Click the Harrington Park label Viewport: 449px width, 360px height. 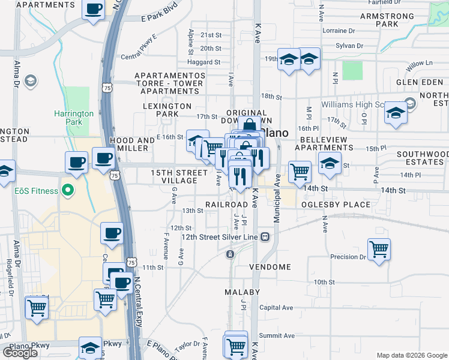coord(74,117)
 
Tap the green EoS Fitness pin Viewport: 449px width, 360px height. coord(68,191)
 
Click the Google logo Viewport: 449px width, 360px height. coord(20,353)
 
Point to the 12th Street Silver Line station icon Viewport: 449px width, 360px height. coord(265,238)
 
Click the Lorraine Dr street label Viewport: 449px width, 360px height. coord(339,31)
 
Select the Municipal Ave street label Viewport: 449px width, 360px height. coord(278,199)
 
